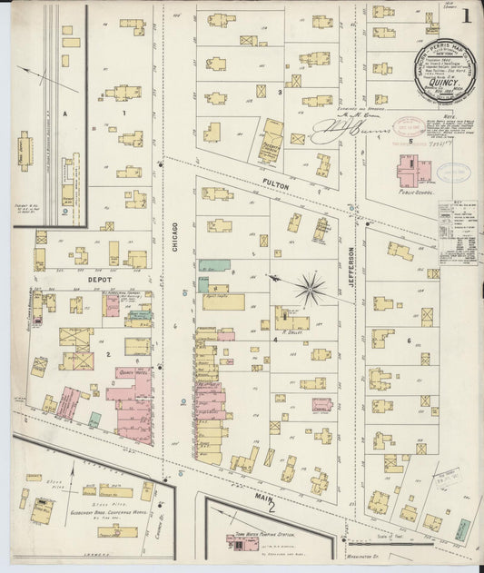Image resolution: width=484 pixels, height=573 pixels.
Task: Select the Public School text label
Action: [416, 193]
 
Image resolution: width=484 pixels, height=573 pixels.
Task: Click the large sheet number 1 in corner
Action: [465, 15]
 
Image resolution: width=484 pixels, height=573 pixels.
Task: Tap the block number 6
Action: [410, 341]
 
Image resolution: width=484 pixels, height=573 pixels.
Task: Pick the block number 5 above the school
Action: [410, 142]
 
